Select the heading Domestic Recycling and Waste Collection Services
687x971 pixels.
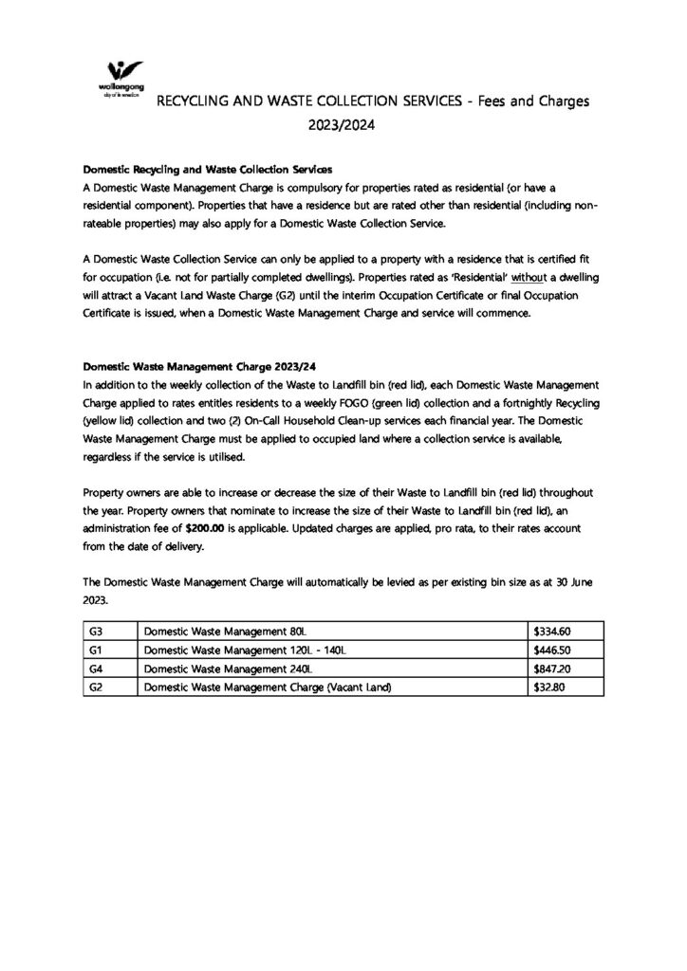[207, 171]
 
